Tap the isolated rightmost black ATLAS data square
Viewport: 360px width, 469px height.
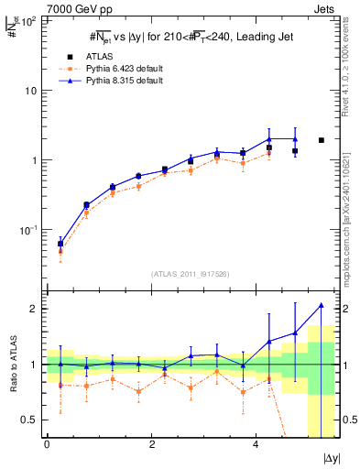(x=321, y=140)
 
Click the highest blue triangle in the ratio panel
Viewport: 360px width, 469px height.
(x=321, y=305)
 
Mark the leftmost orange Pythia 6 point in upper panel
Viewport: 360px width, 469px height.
(x=60, y=250)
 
